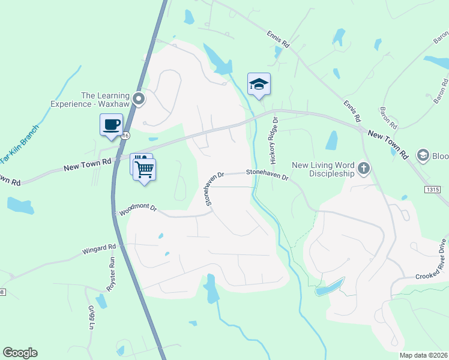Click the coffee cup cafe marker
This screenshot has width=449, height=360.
111,125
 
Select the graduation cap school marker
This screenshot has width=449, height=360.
259,84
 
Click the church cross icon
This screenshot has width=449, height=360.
363,169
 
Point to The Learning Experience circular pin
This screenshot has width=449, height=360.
139,99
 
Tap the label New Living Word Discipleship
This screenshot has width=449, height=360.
323,169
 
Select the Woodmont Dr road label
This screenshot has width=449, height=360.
137,209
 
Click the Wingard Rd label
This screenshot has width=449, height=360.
100,248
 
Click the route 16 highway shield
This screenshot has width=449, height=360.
125,136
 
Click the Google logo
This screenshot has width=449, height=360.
20,353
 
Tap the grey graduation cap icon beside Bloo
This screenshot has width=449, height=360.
423,155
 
